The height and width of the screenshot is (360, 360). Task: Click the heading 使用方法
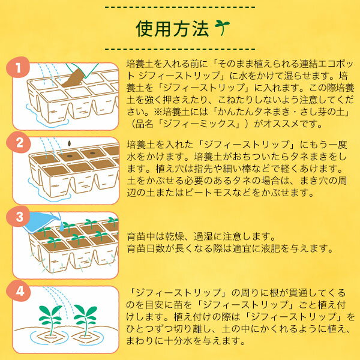click(x=172, y=29)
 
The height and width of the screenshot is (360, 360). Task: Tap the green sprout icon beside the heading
click(x=222, y=28)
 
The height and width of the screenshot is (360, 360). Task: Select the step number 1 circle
click(x=18, y=67)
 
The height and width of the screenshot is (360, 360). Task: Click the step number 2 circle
click(x=19, y=142)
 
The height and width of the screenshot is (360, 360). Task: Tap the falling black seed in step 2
click(x=69, y=143)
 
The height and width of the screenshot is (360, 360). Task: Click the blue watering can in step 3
click(x=42, y=221)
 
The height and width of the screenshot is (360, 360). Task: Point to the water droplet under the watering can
click(x=62, y=227)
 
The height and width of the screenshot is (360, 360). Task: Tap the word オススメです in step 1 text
click(x=293, y=124)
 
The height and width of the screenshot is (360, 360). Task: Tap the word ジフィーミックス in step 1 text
click(x=199, y=124)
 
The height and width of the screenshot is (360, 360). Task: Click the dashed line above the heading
click(x=180, y=8)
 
